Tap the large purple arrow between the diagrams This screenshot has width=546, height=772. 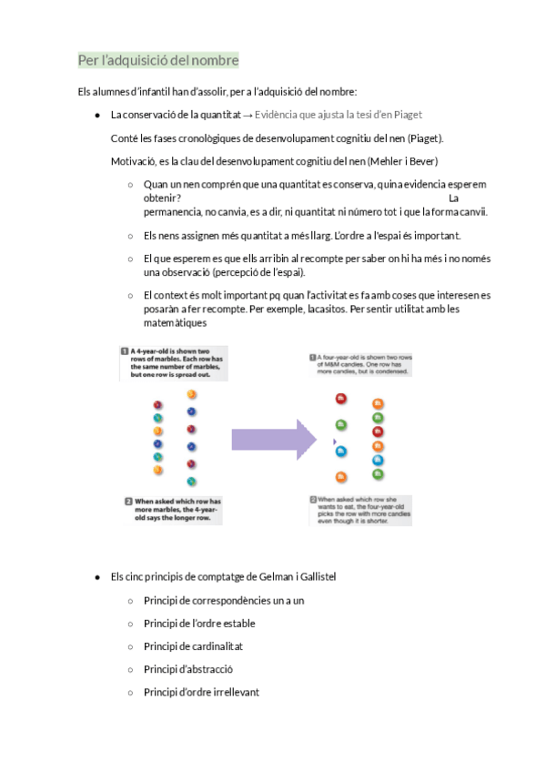tap(272, 440)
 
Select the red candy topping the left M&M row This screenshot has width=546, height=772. tap(341, 399)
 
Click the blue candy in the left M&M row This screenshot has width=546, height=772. tap(341, 451)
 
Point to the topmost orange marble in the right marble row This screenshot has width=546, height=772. tap(191, 394)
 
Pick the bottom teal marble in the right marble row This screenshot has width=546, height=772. tap(191, 481)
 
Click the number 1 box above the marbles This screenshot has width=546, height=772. tap(124, 350)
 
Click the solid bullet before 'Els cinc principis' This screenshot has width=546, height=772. tap(97, 577)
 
